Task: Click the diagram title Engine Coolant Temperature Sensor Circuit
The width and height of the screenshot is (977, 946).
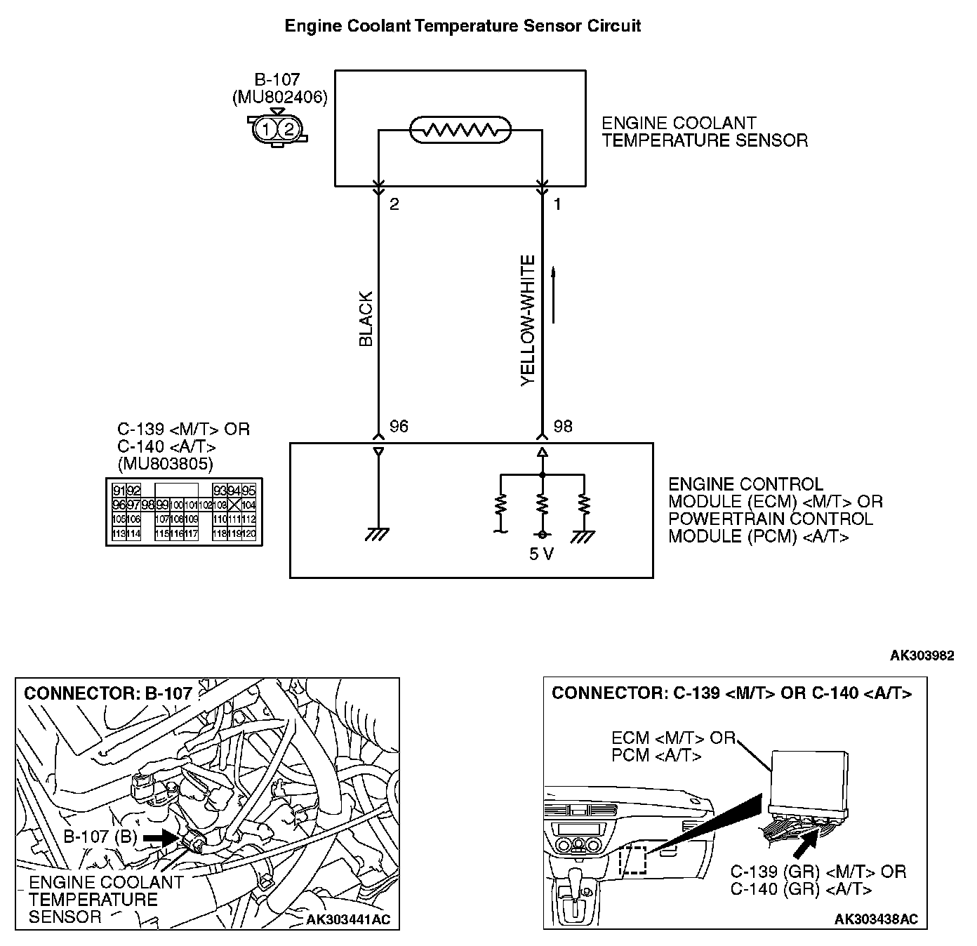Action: (463, 27)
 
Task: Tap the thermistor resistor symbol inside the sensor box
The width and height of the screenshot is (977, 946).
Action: (460, 130)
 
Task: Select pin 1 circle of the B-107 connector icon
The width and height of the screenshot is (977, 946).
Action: (266, 128)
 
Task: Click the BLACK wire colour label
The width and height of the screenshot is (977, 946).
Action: (366, 319)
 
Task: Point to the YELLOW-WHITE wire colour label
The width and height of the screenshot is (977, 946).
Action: (529, 321)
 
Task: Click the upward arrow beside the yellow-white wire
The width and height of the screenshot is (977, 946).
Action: (554, 295)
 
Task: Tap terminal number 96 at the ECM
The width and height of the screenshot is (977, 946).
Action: (398, 427)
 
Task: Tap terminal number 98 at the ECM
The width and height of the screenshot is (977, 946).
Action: (563, 427)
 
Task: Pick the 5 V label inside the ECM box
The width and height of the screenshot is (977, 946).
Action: (541, 554)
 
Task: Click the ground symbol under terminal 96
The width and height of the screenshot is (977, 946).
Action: (378, 535)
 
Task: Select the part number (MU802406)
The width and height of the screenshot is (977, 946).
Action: (279, 98)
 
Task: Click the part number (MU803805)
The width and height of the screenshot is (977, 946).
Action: (166, 463)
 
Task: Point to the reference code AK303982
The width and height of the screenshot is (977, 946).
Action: (922, 655)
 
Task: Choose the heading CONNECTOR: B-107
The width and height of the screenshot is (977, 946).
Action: (108, 693)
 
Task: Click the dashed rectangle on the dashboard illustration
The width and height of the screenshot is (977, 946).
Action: (634, 860)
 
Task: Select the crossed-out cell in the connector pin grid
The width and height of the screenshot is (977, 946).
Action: (234, 505)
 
